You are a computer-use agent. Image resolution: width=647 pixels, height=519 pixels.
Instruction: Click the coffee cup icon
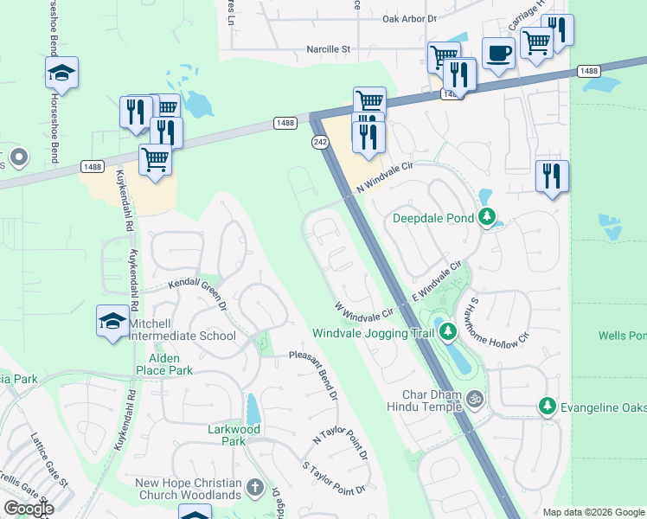click(x=497, y=53)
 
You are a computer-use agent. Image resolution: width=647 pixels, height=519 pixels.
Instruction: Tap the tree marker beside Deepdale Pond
click(x=488, y=217)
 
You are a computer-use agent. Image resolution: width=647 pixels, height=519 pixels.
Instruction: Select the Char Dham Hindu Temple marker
click(x=473, y=400)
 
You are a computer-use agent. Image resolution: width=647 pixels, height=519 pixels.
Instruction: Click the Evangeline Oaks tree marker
click(x=547, y=405)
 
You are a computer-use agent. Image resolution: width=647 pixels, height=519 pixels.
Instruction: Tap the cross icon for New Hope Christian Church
click(x=254, y=488)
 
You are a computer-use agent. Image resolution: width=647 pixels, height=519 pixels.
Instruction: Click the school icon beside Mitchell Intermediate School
click(x=113, y=322)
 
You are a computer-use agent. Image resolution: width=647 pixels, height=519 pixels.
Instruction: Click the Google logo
click(x=28, y=509)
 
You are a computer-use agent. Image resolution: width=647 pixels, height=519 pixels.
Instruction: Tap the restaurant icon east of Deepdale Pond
click(x=551, y=176)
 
